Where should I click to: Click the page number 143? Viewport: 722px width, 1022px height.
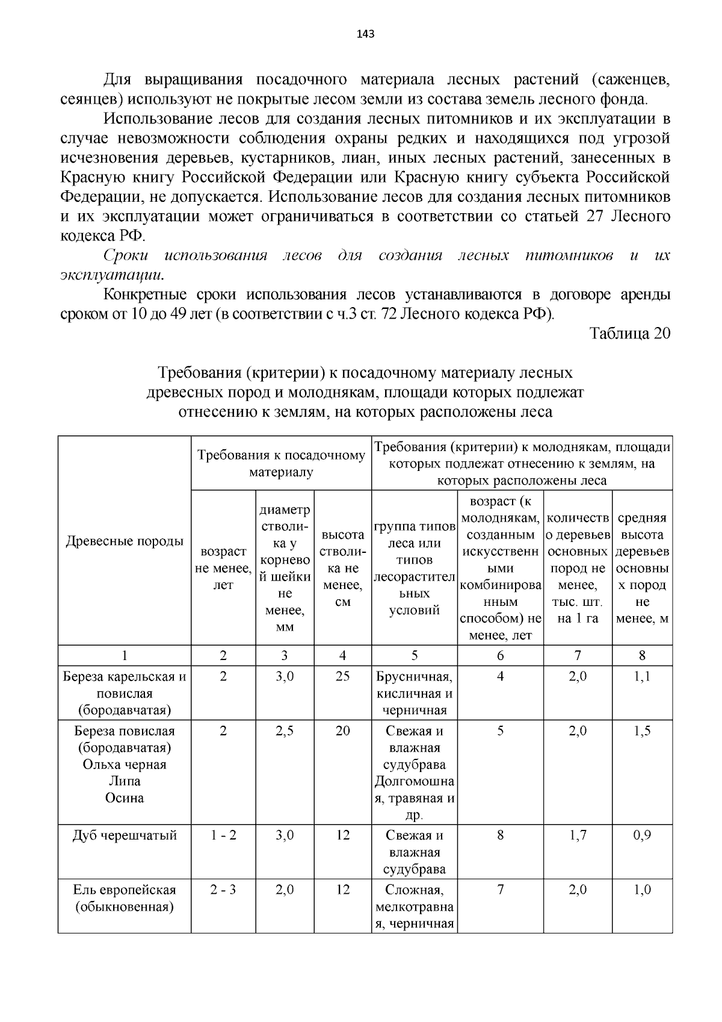point(365,34)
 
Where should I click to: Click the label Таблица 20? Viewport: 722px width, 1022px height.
point(629,334)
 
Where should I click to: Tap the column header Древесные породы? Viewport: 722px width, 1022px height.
point(125,541)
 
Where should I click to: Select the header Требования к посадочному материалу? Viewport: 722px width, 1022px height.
point(281,464)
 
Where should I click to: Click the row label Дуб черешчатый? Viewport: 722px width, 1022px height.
point(125,835)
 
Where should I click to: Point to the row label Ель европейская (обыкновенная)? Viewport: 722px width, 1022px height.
point(125,898)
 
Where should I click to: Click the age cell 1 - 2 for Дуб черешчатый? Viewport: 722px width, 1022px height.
point(223,835)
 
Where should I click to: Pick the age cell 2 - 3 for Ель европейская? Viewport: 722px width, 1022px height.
point(223,890)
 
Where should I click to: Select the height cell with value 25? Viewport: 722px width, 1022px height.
point(342,676)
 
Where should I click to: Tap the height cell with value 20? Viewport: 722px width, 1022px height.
point(342,731)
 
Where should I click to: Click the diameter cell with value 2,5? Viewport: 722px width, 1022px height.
point(285,731)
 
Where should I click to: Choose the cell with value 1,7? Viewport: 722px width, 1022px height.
point(578,835)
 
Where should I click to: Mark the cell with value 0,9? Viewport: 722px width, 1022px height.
point(642,835)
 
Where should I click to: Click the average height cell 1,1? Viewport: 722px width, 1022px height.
point(642,676)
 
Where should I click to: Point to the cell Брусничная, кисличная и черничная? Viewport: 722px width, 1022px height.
point(415,693)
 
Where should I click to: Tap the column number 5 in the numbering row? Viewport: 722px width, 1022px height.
point(415,655)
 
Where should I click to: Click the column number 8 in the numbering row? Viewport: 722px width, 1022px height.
point(642,655)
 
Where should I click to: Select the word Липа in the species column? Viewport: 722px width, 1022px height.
point(125,781)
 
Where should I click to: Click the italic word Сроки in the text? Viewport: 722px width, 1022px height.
point(126,256)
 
